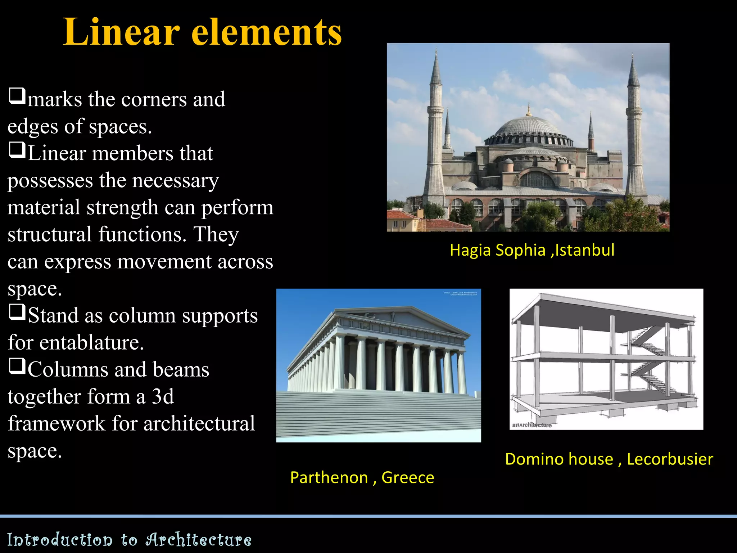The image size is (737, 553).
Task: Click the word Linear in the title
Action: [121, 32]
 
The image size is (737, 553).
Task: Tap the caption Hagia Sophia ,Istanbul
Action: [532, 250]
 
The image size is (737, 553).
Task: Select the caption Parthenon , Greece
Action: [362, 477]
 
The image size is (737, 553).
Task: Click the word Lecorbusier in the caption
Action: [670, 459]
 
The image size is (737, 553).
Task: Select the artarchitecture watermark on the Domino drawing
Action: [532, 425]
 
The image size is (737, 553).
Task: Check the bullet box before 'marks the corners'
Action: [17, 96]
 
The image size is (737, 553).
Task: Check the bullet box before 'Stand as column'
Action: [17, 312]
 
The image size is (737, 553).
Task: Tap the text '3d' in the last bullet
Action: [163, 396]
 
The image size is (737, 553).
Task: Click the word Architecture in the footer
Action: [199, 540]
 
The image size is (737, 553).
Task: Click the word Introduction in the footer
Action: [60, 540]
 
